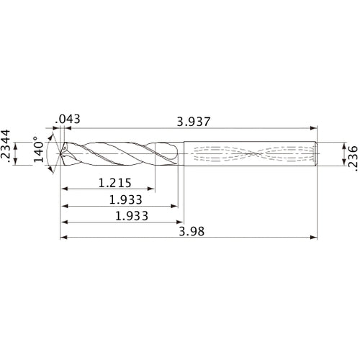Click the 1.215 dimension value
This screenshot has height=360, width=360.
click(x=113, y=184)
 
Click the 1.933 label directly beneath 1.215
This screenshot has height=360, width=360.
click(x=120, y=199)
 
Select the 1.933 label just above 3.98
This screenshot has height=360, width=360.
click(x=120, y=215)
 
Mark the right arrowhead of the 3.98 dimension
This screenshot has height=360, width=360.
click(x=315, y=237)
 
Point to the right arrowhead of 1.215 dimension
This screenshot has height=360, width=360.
click(x=156, y=190)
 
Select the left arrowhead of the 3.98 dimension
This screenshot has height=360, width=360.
click(x=63, y=237)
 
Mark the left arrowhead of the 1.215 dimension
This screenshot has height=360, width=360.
click(x=63, y=190)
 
